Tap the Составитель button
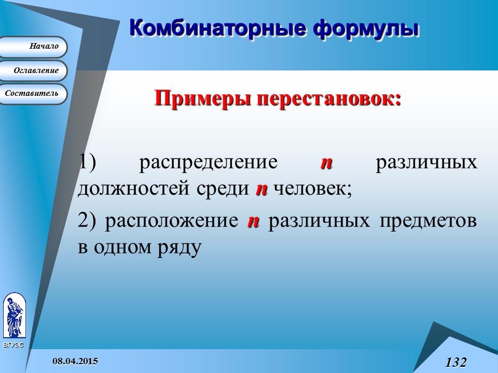tap(33, 94)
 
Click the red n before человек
tap(261, 189)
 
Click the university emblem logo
tap(14, 315)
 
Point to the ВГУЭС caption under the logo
tap(13, 345)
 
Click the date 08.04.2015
tap(76, 360)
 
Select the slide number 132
tap(455, 362)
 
